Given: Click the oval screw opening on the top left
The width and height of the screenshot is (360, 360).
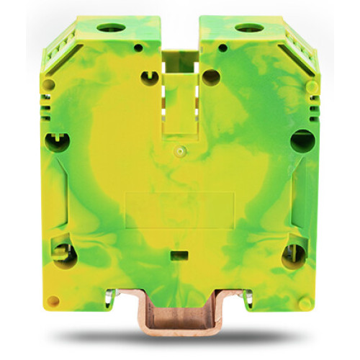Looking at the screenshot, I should point(110,28).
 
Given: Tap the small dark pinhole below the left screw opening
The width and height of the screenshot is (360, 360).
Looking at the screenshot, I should point(138,48).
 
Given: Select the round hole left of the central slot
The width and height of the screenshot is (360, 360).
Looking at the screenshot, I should point(149,75).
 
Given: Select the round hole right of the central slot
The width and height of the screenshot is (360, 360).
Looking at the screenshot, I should point(211,76).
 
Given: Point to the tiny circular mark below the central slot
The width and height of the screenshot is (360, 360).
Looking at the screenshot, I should point(181,151).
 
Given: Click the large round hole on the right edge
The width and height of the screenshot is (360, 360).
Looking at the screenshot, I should point(302,139).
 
